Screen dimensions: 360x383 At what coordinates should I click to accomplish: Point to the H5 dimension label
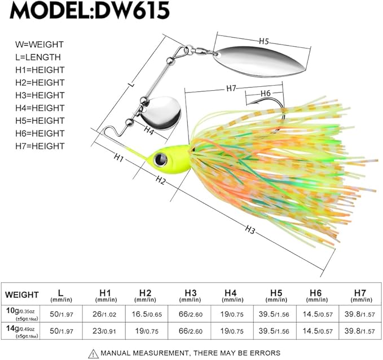[264, 42]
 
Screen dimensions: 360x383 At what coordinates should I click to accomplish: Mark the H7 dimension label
[232, 87]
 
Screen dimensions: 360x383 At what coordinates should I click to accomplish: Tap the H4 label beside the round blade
[148, 131]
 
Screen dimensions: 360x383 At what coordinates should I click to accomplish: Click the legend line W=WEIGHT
[39, 44]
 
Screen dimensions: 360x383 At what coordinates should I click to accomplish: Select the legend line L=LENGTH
[38, 57]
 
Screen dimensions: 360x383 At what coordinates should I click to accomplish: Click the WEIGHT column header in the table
[22, 295]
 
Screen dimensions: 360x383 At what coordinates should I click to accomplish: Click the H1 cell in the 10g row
[104, 313]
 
